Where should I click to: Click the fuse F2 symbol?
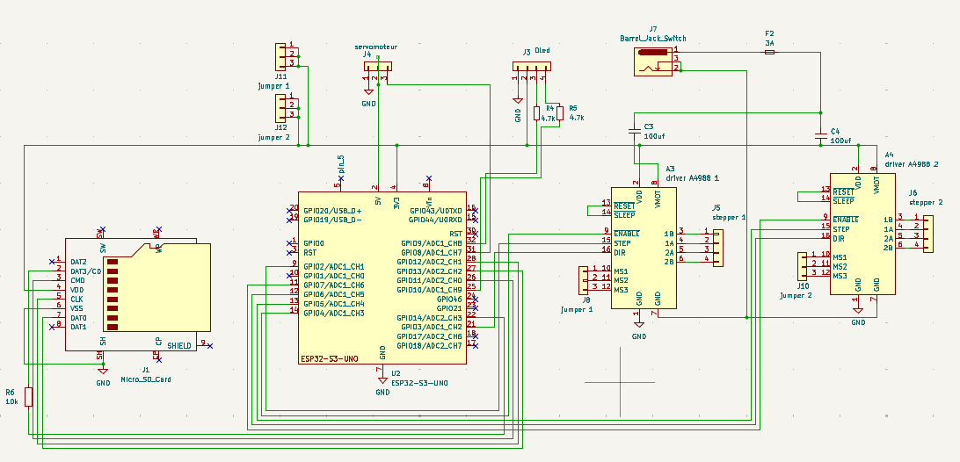click(x=770, y=53)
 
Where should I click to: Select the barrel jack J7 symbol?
click(x=655, y=62)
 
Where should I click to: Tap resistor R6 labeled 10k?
click(x=28, y=397)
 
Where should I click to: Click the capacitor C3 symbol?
click(x=635, y=132)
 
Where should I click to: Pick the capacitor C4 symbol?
click(x=820, y=135)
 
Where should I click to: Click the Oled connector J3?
click(x=531, y=67)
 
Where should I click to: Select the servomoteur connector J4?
click(x=377, y=67)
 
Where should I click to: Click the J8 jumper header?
click(x=585, y=279)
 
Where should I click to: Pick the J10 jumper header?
click(x=802, y=265)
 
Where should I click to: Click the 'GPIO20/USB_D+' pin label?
click(x=332, y=211)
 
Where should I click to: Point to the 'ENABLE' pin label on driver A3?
click(x=628, y=234)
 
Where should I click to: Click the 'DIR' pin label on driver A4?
click(x=839, y=238)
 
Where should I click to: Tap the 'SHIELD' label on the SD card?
click(x=179, y=345)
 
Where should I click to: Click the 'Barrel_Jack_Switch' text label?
click(x=653, y=40)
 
